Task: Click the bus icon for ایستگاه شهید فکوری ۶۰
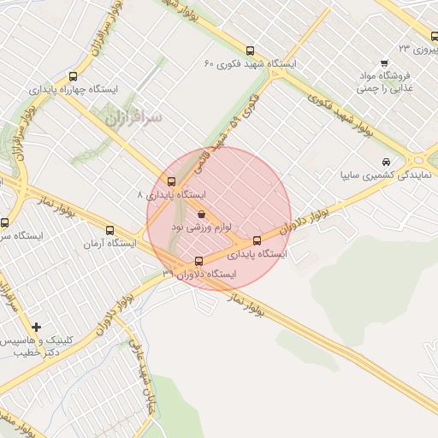pyautogui.click(x=250, y=50)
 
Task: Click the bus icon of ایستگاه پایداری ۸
pyautogui.click(x=172, y=181)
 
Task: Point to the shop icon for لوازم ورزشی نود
pyautogui.click(x=201, y=214)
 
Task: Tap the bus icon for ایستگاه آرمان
pyautogui.click(x=109, y=230)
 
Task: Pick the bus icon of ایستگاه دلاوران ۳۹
pyautogui.click(x=199, y=260)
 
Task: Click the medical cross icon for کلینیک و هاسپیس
pyautogui.click(x=36, y=327)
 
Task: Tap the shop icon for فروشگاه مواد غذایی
pyautogui.click(x=384, y=62)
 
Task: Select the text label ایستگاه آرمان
pyautogui.click(x=109, y=244)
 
